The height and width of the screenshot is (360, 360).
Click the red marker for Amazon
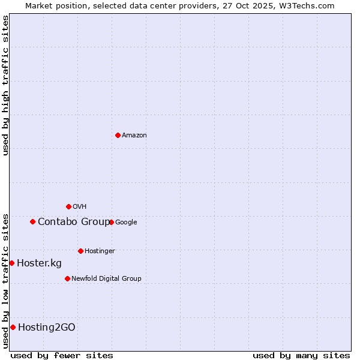[x=118, y=135]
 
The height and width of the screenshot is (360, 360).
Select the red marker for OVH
[x=68, y=207]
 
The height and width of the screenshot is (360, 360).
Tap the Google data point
[x=111, y=222]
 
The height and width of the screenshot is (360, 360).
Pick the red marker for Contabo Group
[x=32, y=221]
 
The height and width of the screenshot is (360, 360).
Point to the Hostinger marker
[x=80, y=251]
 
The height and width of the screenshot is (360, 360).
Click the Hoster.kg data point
[x=11, y=263]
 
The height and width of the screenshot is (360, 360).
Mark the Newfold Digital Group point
[x=67, y=278]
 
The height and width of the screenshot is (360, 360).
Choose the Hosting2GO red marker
[x=13, y=327]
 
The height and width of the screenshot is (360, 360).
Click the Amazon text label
[x=134, y=136]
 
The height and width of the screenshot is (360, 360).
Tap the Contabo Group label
[x=74, y=222]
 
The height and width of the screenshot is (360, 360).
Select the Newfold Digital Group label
[x=106, y=278]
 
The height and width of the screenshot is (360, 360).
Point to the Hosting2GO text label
[x=47, y=327]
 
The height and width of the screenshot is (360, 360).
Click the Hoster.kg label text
[x=39, y=263]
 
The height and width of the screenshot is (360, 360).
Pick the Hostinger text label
[x=100, y=251]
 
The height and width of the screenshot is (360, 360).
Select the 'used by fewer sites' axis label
[x=62, y=355]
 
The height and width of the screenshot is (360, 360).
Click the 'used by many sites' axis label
[x=301, y=355]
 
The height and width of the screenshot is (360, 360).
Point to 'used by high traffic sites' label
[x=5, y=85]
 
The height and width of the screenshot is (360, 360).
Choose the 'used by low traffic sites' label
[x=5, y=281]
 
